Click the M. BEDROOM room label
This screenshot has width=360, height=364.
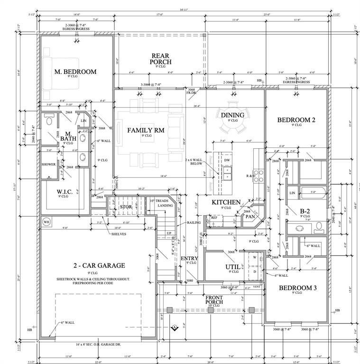coord(75,72)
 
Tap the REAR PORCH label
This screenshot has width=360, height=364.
coord(160,59)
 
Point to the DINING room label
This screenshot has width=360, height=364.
coord(232,115)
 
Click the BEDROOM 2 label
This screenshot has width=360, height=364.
coord(296,120)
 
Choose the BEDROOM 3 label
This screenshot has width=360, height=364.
coord(297,288)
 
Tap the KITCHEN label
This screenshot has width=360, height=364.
coord(226,202)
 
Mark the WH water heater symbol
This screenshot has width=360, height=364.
coord(46,222)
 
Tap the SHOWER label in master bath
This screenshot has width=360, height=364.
coord(48,164)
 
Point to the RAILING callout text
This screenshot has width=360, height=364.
coord(194,222)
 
